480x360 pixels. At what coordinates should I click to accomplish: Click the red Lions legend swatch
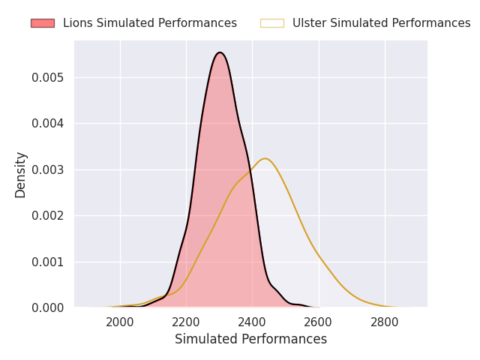coord(43,23)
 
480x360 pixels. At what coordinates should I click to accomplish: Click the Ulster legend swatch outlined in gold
coord(272,23)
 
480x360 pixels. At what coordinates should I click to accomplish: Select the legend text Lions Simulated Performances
coord(150,23)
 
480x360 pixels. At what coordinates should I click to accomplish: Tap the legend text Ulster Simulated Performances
coord(382,23)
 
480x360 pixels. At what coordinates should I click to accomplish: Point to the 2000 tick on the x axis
coord(120,322)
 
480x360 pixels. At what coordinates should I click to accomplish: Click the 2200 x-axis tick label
coord(186,322)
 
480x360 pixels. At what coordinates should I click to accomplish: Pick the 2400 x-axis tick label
coord(252,322)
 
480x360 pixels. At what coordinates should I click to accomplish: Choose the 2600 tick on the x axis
coord(318,322)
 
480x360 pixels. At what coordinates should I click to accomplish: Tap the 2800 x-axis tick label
coord(385,322)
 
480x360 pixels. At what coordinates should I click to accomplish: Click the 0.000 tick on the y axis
coord(47,307)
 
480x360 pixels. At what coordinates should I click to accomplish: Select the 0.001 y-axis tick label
coord(47,262)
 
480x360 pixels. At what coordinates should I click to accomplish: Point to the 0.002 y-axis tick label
coord(47,215)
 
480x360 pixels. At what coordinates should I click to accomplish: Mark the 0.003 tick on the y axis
coord(47,169)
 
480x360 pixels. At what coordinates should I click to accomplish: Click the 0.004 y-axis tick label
coord(47,123)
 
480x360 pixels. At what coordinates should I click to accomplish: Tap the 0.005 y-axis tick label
coord(47,77)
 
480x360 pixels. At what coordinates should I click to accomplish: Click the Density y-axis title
coord(20,175)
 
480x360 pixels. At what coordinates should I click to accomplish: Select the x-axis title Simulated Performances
coord(250,339)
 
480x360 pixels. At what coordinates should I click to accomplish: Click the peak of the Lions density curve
coord(220,52)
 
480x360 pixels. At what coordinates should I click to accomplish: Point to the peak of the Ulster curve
coord(265,158)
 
